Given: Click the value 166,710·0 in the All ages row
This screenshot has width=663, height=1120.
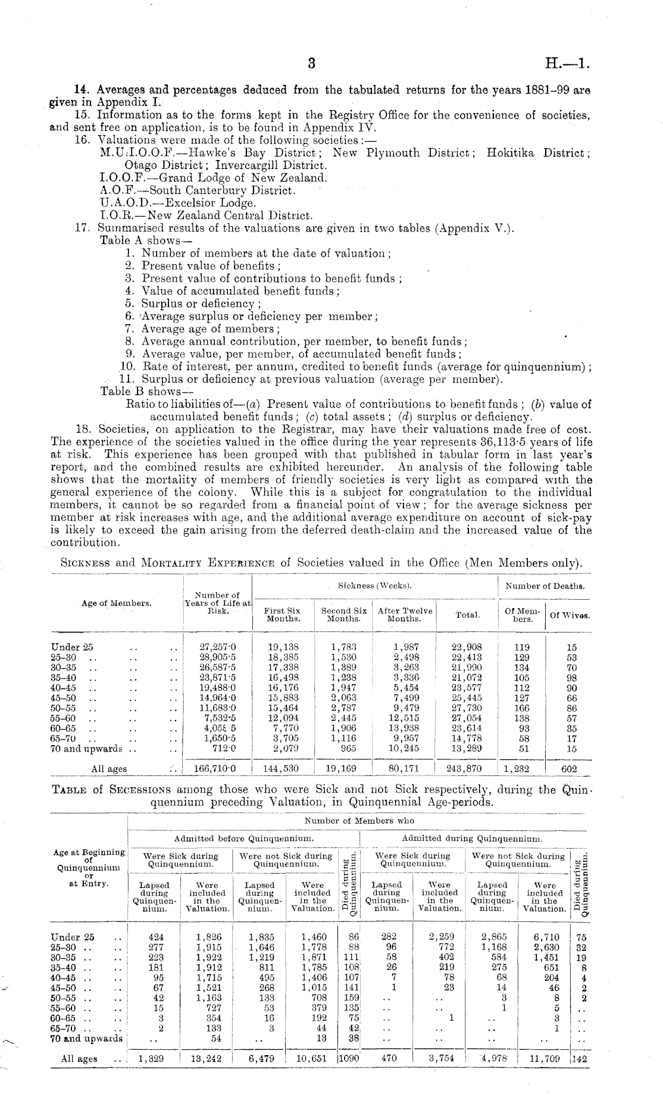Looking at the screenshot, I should coord(215,768).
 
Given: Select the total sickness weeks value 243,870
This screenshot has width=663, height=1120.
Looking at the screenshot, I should coord(464,768).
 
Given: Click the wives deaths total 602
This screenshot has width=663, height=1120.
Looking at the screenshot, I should coord(570,768).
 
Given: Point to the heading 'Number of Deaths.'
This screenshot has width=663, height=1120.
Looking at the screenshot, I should coord(545,586).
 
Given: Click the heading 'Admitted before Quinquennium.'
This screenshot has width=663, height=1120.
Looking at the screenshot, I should coord(244,839).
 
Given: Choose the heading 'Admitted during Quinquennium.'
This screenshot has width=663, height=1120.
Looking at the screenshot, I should coord(472,839).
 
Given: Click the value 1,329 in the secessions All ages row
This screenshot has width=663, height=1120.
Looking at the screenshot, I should coord(151,1059).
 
